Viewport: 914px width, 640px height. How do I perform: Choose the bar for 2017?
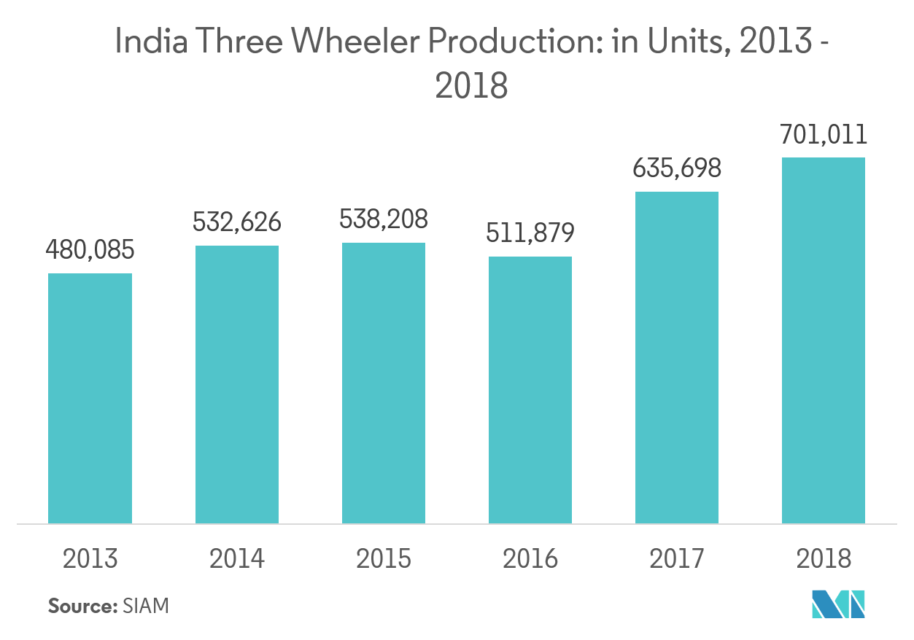(677, 357)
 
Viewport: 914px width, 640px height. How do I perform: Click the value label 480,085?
(90, 251)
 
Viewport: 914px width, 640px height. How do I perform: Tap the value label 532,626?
(236, 222)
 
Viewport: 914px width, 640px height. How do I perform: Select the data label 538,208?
(384, 219)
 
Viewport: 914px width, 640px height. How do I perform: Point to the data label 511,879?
(530, 233)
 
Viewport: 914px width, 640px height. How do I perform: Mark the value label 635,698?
(677, 168)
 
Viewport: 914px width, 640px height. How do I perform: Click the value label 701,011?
(824, 134)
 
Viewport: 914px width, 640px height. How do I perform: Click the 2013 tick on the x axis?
(90, 559)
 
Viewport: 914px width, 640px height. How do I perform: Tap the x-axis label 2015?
(384, 559)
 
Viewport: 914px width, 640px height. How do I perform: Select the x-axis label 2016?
(530, 559)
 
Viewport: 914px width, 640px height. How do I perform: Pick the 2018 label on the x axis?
(824, 559)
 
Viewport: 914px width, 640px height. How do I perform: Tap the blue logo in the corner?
(838, 604)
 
